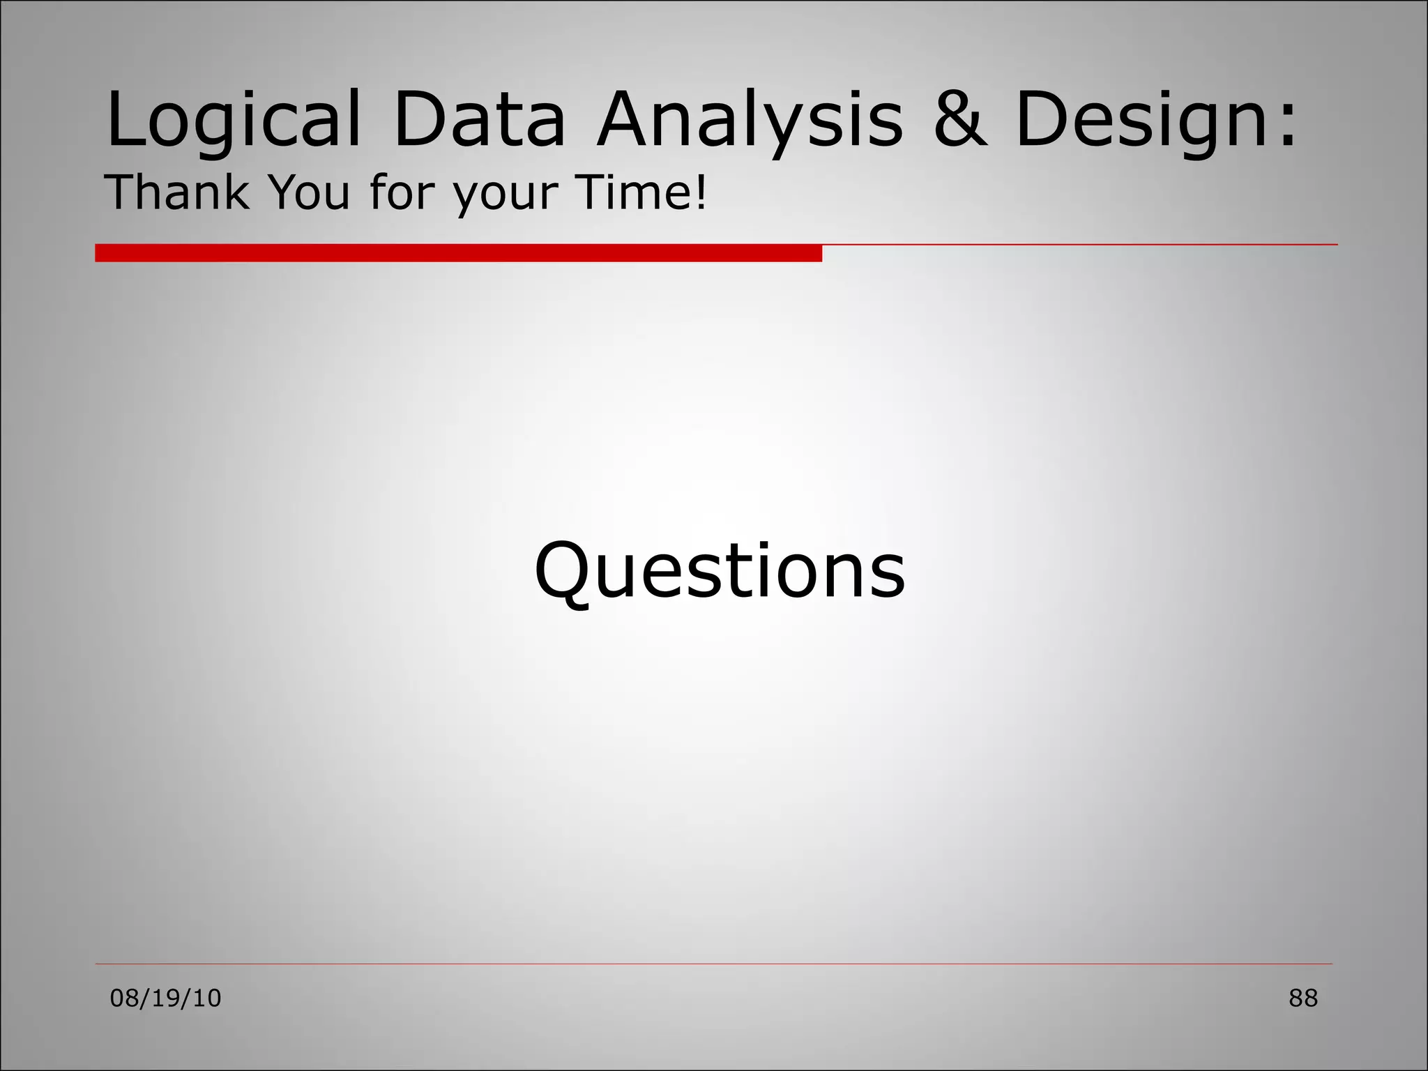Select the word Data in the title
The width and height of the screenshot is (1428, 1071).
pyautogui.click(x=479, y=120)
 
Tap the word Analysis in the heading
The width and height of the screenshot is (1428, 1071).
pyautogui.click(x=750, y=120)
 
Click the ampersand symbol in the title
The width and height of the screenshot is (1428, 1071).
pyautogui.click(x=960, y=120)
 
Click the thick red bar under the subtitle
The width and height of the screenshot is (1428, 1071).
pyautogui.click(x=458, y=252)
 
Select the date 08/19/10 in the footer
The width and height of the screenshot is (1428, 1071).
pyautogui.click(x=166, y=998)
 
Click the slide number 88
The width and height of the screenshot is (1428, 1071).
pyautogui.click(x=1303, y=998)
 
